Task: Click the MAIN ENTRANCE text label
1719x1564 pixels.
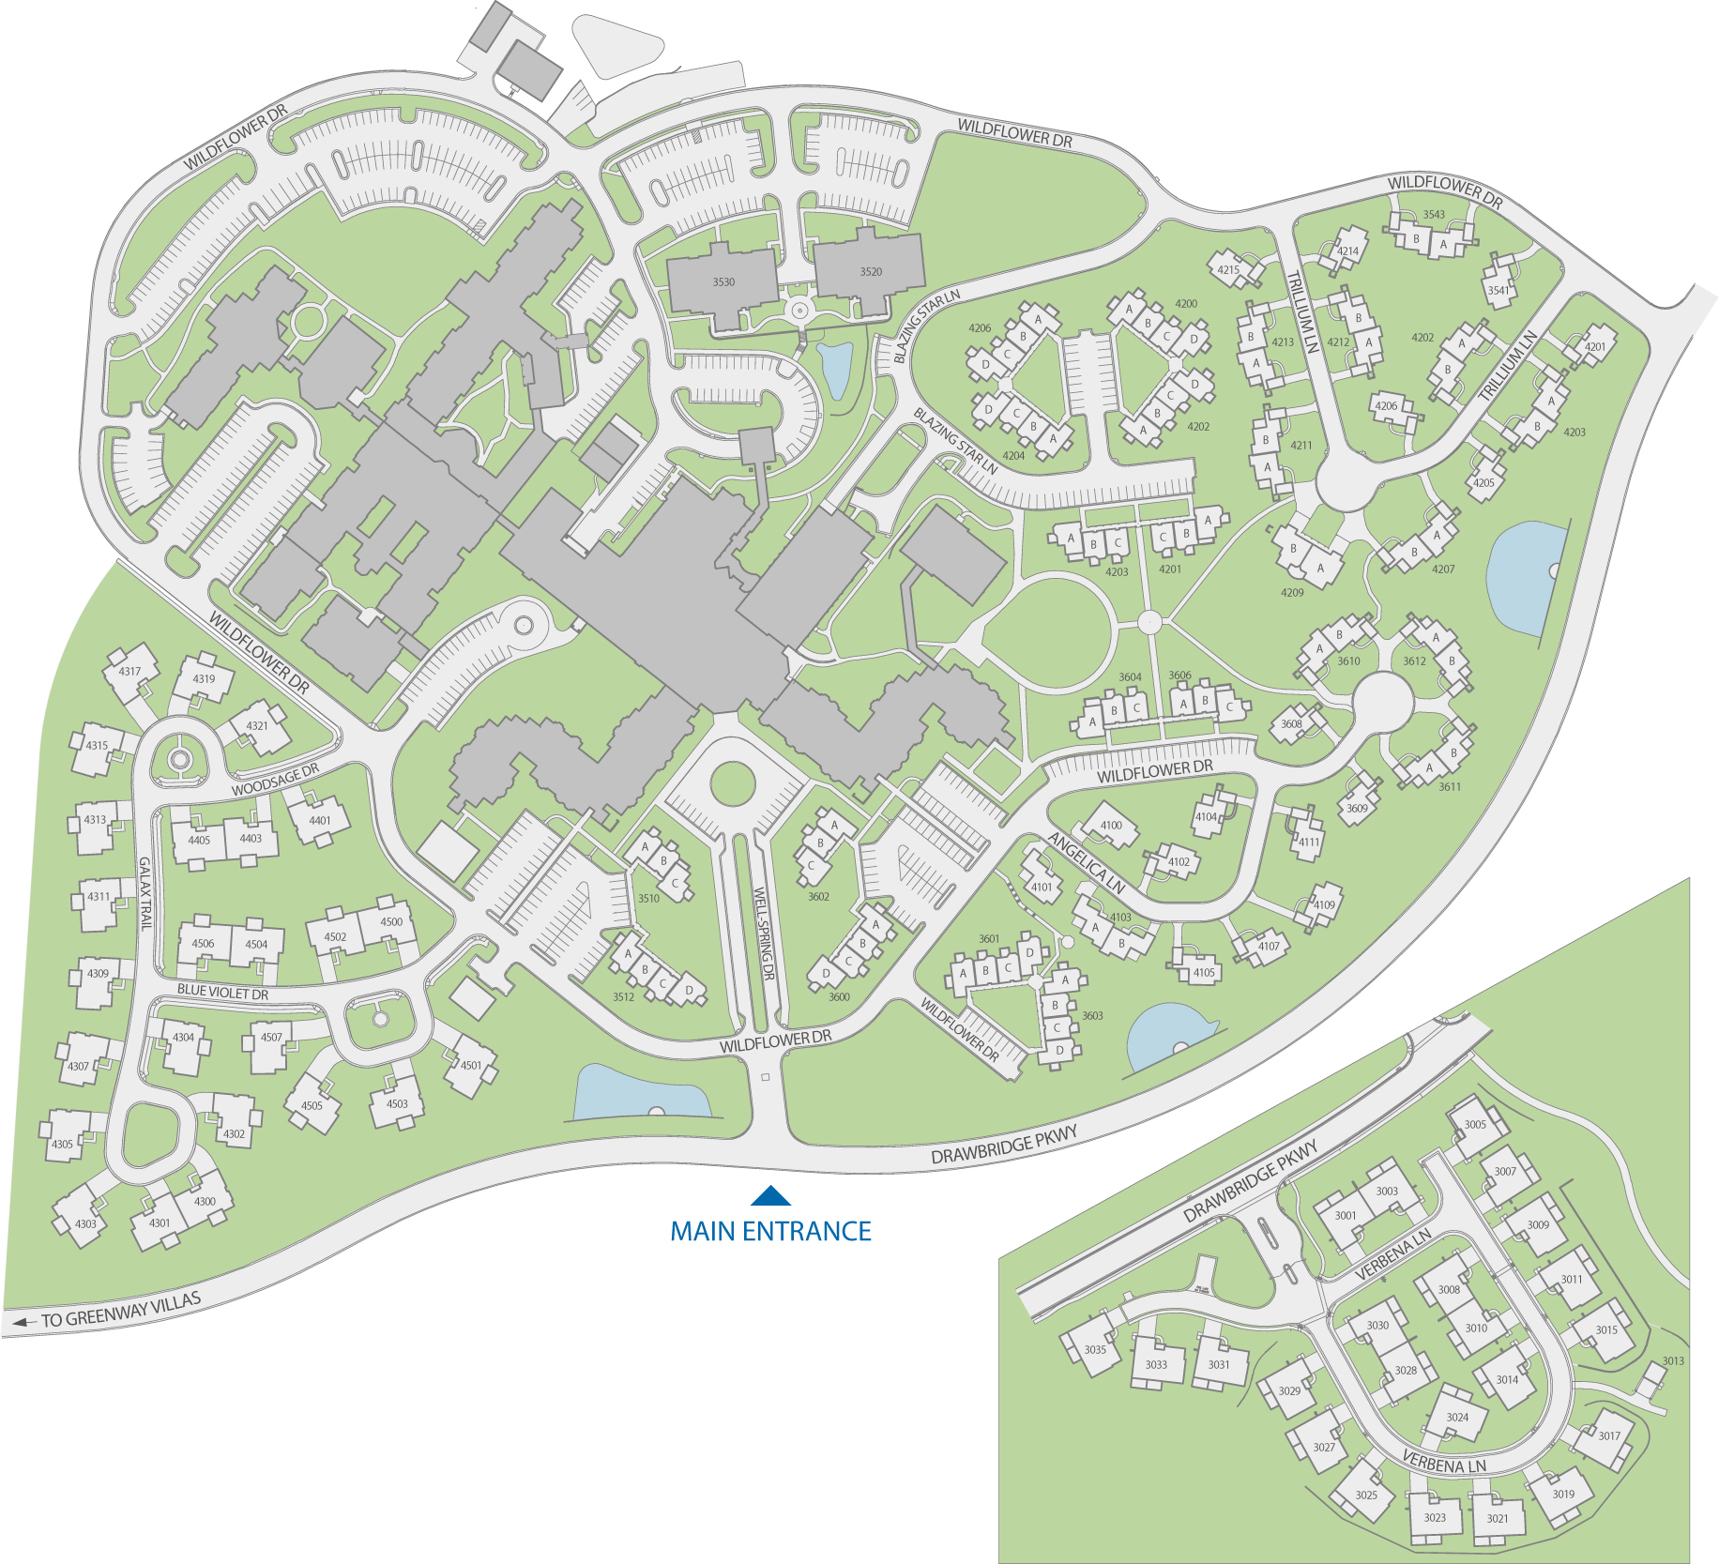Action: (770, 1231)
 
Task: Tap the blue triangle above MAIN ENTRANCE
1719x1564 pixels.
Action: (770, 1196)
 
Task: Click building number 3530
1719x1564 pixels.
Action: (723, 281)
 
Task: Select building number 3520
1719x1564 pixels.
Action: (871, 271)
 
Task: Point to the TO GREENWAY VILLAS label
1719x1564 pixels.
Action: (119, 1310)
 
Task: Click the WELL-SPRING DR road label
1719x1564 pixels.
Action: (764, 934)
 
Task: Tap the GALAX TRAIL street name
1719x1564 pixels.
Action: (145, 893)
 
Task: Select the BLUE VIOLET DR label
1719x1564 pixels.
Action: (222, 992)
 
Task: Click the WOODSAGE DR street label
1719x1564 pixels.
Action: (275, 780)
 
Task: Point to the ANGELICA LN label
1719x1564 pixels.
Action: (1086, 863)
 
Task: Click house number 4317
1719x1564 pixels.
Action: (129, 671)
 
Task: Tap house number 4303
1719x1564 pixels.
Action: (85, 1223)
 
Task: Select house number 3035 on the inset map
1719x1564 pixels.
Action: (1095, 1349)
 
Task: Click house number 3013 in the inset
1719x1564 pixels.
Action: (1673, 1360)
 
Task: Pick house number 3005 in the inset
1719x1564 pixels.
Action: (1475, 1124)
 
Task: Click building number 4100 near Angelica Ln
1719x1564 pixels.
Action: (1111, 826)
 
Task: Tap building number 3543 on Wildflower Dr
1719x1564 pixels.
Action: (1434, 215)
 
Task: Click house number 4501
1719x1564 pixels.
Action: (471, 1065)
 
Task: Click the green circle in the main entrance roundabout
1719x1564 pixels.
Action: (733, 783)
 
